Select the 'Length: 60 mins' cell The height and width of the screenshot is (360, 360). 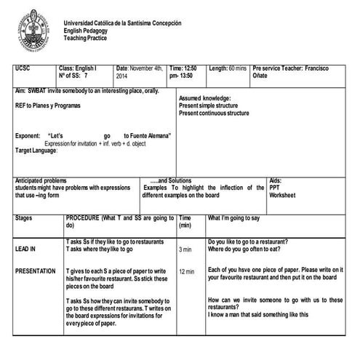tap(228, 68)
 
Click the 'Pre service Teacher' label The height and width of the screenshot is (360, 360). tap(277, 68)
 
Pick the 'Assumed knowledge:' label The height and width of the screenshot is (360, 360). tap(205, 98)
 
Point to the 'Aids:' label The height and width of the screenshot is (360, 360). tap(276, 180)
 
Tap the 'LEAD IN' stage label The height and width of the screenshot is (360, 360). tap(25, 249)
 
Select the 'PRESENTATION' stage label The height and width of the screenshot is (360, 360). tap(36, 271)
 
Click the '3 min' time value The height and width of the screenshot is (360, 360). tap(185, 249)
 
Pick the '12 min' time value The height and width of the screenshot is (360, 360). tap(187, 272)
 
